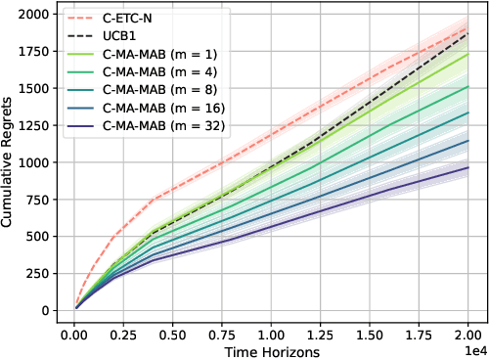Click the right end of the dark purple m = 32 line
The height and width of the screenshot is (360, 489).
pos(469,167)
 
